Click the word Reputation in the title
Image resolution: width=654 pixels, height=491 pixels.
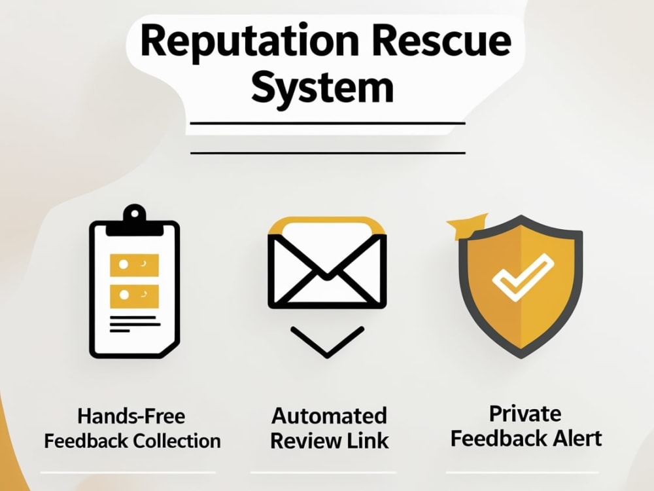coord(249,43)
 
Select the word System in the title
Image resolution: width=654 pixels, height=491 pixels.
coord(322,89)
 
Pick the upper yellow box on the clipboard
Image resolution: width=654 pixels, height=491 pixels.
coord(134,264)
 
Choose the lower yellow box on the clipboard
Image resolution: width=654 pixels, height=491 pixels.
coord(134,296)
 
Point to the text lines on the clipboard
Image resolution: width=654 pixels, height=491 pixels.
coord(135,324)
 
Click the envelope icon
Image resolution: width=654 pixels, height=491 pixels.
coord(327,263)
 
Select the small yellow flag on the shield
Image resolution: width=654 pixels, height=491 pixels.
coord(465,226)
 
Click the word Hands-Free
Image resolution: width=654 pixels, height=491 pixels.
coord(131,416)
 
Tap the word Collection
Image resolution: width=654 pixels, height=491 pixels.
coord(177,441)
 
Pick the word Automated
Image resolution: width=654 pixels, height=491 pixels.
coord(329,416)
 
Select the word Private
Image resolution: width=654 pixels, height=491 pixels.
coord(525,414)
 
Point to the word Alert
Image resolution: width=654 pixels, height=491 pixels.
coord(577,439)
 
